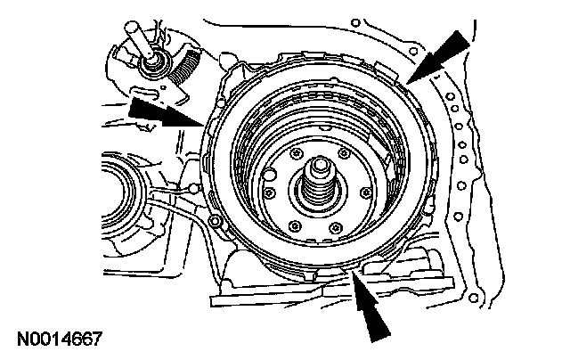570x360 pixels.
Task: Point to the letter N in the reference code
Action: [21, 340]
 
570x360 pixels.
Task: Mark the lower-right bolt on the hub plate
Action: [335, 229]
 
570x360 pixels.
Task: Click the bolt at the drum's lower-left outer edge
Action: [214, 220]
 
